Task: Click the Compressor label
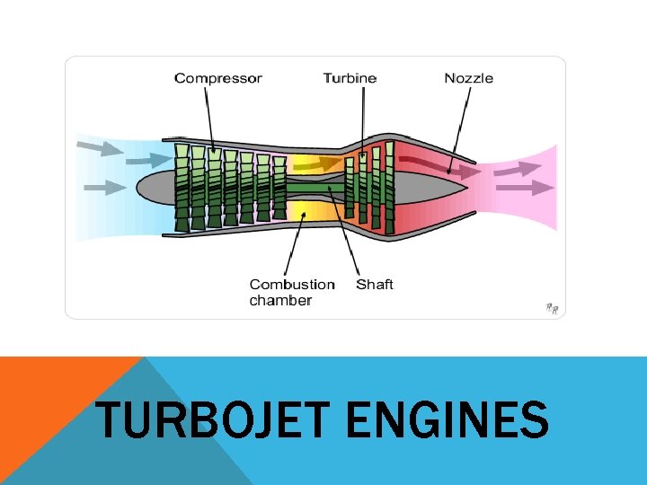point(217,78)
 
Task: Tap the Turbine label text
point(350,78)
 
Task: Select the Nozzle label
point(468,78)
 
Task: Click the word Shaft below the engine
point(375,285)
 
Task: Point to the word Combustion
point(292,285)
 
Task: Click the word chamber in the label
point(280,300)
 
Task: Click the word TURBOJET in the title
point(214,420)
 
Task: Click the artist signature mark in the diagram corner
point(552,308)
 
